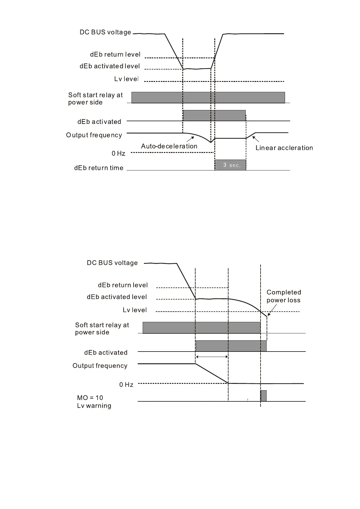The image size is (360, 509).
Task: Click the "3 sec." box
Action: (231, 165)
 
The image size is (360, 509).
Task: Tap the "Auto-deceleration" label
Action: (169, 146)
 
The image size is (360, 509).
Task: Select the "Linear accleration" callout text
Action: (284, 148)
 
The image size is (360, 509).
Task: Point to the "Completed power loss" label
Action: (284, 296)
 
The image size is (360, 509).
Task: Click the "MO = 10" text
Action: (90, 398)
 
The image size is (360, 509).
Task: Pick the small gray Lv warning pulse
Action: (263, 396)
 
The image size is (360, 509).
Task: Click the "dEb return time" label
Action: (99, 168)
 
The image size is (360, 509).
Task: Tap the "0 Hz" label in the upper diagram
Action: (118, 154)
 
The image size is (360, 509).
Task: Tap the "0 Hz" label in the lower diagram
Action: (126, 385)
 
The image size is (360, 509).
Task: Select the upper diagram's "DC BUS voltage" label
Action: (105, 32)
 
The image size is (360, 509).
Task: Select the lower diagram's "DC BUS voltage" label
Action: (112, 263)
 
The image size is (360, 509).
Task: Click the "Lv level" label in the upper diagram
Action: (126, 79)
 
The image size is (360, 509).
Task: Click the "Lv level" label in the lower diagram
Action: (135, 310)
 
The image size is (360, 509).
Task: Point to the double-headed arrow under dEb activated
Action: (212, 357)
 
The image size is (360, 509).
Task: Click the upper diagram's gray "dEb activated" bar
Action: (214, 115)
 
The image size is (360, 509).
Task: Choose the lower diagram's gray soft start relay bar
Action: (201, 328)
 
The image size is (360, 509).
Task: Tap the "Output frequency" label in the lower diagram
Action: (100, 366)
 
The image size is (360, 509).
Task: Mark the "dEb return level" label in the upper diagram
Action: (115, 54)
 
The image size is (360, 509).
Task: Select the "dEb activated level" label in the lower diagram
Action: (117, 297)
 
